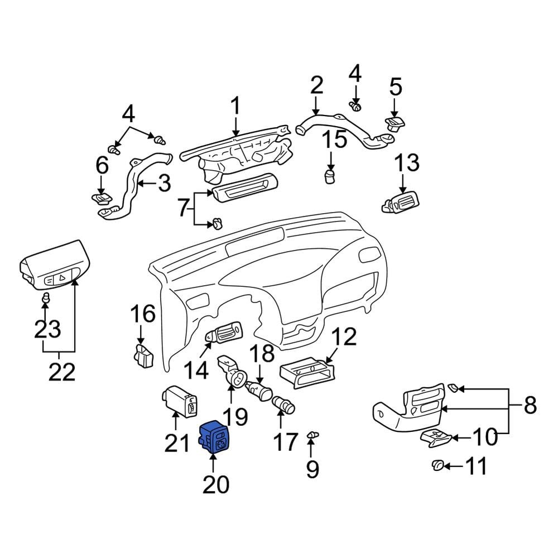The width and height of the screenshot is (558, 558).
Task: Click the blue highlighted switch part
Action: [x=214, y=437]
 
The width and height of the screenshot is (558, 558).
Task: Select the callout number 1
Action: [x=235, y=102]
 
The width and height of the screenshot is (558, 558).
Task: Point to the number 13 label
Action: [x=407, y=162]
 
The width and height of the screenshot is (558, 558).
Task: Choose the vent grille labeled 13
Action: [x=400, y=203]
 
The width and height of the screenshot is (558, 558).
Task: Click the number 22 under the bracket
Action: [x=62, y=372]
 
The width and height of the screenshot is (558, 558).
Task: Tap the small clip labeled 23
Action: [x=45, y=298]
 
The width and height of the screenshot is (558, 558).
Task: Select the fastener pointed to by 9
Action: [x=312, y=435]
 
